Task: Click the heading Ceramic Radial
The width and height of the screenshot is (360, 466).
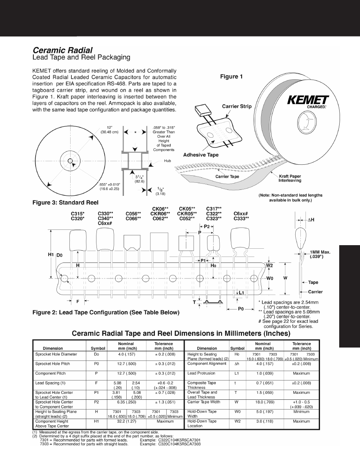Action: (63, 50)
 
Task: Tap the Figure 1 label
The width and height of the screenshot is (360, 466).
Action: (231, 76)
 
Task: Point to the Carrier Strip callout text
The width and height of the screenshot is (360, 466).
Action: (237, 106)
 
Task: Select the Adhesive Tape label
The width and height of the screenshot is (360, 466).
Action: (201, 155)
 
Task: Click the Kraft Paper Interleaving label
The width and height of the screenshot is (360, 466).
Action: (290, 178)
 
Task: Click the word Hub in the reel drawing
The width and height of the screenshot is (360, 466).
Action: (168, 161)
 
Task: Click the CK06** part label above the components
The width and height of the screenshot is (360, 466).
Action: (160, 208)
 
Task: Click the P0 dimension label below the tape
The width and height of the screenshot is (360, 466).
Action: (242, 309)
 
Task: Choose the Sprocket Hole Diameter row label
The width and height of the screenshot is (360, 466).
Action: (56, 354)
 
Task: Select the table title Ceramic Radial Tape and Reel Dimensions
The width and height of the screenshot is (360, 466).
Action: (180, 334)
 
